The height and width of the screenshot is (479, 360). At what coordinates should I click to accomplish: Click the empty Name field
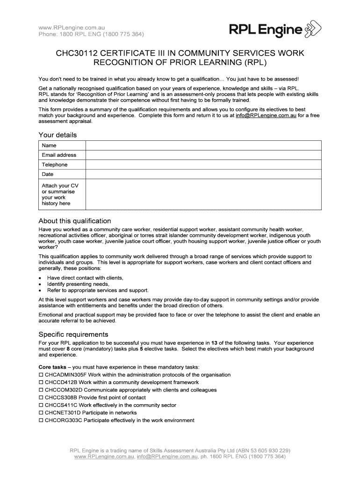(x=203, y=145)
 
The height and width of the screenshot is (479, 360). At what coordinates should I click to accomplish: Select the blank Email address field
(x=203, y=155)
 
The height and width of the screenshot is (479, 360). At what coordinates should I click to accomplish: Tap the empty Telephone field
(x=203, y=165)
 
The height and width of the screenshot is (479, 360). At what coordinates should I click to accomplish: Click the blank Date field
(x=203, y=174)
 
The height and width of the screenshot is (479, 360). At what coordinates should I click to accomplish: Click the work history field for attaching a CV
(x=203, y=195)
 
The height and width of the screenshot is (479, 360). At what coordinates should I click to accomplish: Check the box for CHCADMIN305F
(x=41, y=375)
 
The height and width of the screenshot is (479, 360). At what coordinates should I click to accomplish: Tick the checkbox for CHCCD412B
(x=41, y=382)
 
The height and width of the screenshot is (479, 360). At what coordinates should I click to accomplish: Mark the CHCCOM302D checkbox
(x=41, y=390)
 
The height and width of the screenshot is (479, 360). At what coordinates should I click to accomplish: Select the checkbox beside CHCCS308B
(x=41, y=398)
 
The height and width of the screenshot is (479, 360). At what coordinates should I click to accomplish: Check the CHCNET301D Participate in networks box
(x=41, y=413)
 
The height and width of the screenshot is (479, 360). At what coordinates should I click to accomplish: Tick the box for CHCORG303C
(x=41, y=421)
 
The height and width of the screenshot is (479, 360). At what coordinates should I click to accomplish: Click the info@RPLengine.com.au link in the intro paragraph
(x=266, y=115)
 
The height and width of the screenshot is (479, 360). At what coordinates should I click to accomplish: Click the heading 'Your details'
(x=57, y=135)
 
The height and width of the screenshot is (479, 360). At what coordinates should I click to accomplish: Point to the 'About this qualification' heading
(x=74, y=221)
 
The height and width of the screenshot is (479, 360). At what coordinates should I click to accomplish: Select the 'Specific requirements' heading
(x=73, y=334)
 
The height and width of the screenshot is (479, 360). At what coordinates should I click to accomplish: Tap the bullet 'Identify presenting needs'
(x=78, y=284)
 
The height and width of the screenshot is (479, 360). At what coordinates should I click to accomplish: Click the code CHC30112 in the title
(x=76, y=53)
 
